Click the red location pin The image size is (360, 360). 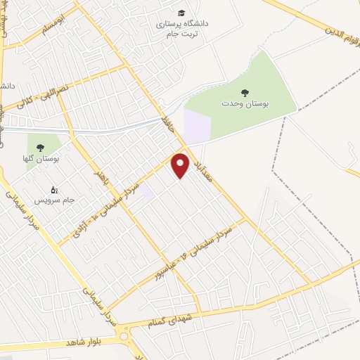(x=181, y=165)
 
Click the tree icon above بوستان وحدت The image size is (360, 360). (x=245, y=92)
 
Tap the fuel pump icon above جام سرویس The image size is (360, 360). (x=54, y=189)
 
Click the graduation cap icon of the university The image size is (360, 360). (x=181, y=13)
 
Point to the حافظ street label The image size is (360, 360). (x=167, y=125)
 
